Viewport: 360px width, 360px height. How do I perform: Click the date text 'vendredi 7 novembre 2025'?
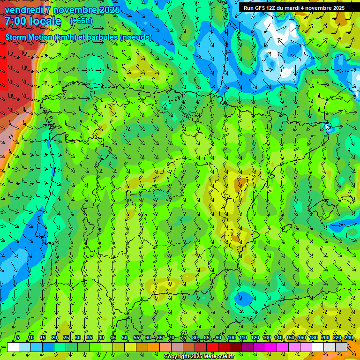click(x=62, y=10)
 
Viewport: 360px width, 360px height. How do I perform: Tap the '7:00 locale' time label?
click(x=33, y=21)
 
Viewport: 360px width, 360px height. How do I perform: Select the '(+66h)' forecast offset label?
click(x=81, y=21)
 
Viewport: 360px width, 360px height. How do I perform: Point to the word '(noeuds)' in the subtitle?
click(x=136, y=37)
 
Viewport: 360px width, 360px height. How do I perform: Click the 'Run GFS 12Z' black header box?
click(x=294, y=7)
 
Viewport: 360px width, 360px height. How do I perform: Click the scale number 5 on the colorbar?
click(x=18, y=338)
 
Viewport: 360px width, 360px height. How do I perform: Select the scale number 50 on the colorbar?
click(x=125, y=338)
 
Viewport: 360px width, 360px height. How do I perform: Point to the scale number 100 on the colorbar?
click(x=231, y=338)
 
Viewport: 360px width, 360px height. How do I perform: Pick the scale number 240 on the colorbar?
click(x=349, y=338)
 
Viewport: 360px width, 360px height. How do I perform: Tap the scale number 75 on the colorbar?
click(x=183, y=338)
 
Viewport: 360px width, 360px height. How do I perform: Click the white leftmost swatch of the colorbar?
click(x=13, y=347)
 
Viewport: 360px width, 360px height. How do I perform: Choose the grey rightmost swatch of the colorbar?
click(x=341, y=347)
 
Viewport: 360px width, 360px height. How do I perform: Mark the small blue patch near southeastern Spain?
click(x=244, y=297)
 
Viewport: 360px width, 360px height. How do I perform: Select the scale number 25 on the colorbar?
click(x=66, y=338)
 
